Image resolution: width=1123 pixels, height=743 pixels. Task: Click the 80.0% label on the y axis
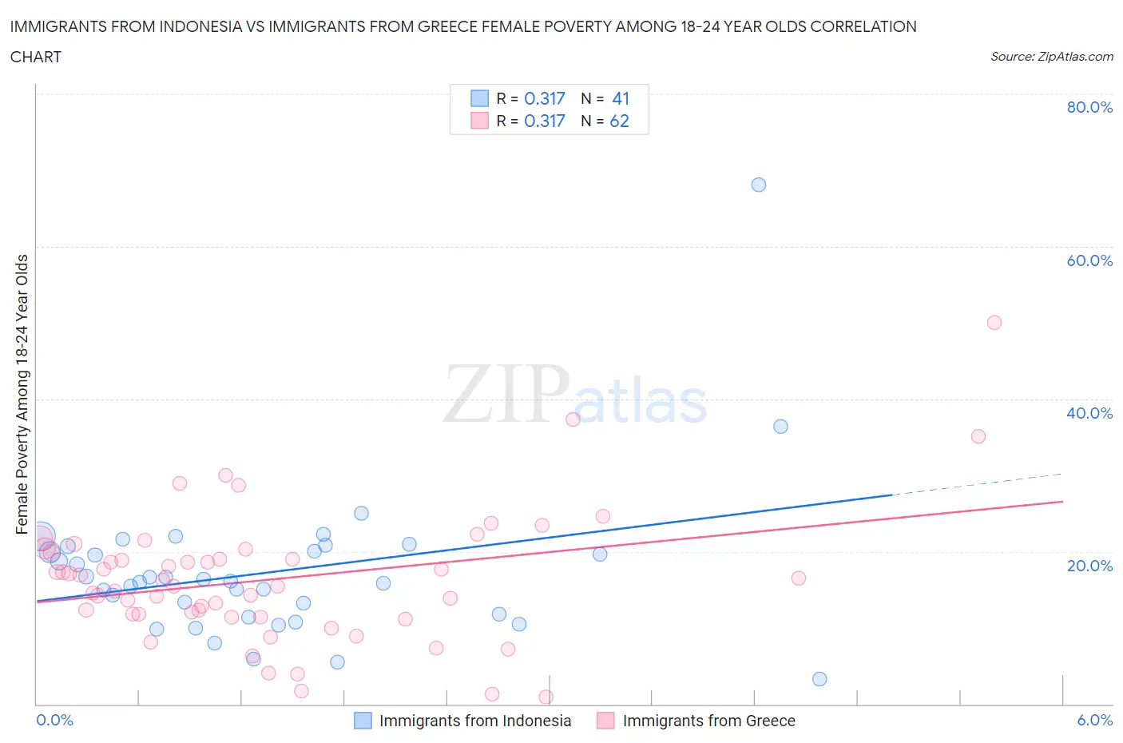(1089, 107)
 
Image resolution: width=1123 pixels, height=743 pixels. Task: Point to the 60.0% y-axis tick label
(1089, 260)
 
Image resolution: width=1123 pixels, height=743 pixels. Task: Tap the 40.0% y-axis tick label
(1089, 413)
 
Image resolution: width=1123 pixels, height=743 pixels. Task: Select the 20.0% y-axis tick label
(1089, 566)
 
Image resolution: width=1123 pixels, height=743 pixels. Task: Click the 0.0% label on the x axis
(54, 720)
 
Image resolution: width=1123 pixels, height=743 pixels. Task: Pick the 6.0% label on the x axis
(1094, 720)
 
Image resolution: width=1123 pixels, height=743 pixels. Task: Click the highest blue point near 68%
(759, 185)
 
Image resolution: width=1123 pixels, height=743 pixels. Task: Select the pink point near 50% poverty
(994, 323)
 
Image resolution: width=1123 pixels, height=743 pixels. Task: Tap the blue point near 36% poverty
(780, 426)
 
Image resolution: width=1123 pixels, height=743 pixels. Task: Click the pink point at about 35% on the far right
(978, 436)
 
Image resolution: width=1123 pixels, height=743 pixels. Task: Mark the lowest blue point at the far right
(819, 679)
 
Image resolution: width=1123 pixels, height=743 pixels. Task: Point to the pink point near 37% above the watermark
(573, 419)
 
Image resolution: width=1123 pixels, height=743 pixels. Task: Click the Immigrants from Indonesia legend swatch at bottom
(363, 721)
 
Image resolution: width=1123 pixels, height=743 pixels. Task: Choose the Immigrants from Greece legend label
(708, 721)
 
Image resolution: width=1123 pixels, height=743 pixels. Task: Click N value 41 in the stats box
(621, 98)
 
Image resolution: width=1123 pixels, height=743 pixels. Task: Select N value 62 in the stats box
(619, 121)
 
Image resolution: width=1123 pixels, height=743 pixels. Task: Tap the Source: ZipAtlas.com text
(1051, 57)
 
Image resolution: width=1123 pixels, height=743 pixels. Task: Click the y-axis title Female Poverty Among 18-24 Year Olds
(22, 394)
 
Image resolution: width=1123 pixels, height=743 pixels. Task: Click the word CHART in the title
(36, 57)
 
